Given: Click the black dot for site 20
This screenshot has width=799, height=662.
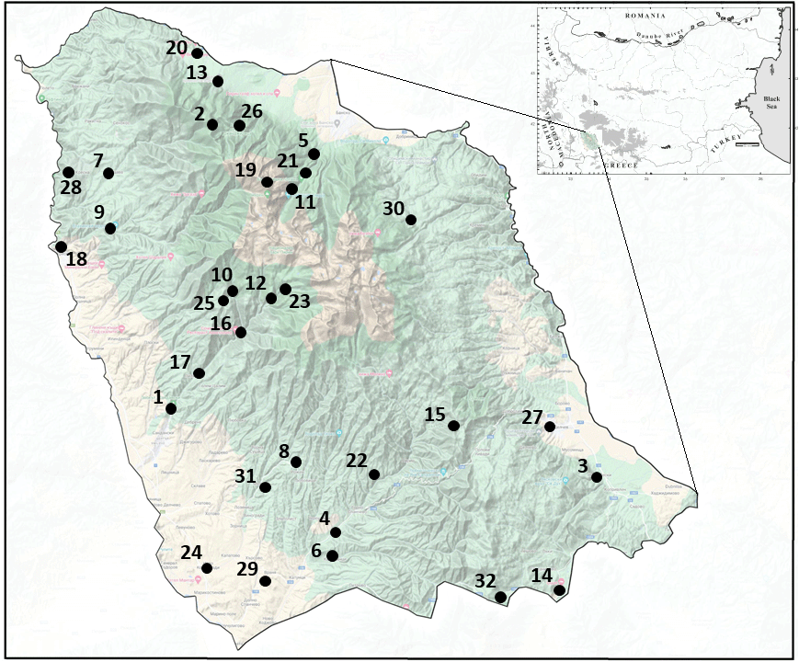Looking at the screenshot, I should [197, 53].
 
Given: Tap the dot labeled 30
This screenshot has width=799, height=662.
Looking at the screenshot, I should [411, 219].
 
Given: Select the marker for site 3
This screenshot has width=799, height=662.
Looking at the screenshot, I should [596, 477].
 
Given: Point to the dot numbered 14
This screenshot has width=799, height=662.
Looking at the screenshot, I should [559, 590].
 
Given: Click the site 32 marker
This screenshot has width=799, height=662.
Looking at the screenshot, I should [500, 598].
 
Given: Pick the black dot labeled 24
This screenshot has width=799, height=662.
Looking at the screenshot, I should [207, 568].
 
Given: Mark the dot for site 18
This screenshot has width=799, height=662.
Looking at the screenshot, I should [61, 246].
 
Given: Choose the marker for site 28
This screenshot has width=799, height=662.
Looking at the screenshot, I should [68, 172].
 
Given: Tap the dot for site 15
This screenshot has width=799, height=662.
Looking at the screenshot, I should [453, 425].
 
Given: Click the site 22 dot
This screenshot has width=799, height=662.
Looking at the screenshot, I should [374, 474].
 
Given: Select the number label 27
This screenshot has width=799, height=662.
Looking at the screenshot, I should [532, 417].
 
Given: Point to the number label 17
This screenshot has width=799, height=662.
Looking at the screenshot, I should [179, 360].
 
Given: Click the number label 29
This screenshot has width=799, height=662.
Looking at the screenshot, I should [247, 568].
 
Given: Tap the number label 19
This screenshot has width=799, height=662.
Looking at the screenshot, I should [245, 169].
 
